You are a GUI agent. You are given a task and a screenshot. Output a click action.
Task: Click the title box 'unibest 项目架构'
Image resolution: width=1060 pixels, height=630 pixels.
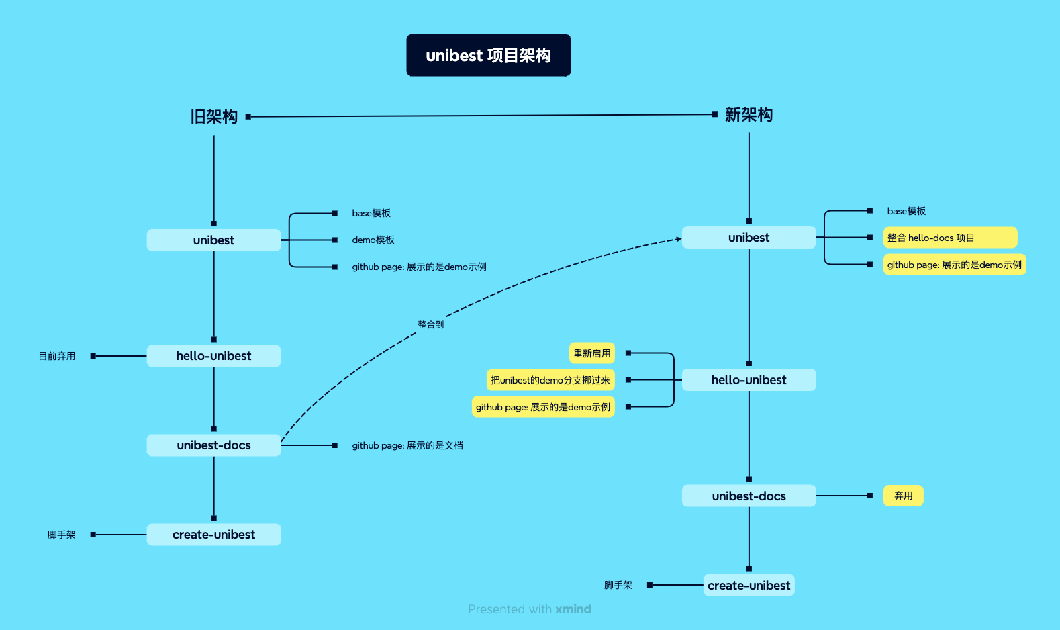click(488, 55)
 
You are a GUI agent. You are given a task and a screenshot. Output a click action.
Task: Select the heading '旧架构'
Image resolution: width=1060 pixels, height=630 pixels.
click(213, 117)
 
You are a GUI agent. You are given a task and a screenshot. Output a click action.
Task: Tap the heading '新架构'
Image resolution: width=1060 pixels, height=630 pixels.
click(749, 115)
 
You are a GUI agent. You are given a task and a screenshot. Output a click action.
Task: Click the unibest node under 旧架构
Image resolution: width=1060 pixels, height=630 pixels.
click(213, 240)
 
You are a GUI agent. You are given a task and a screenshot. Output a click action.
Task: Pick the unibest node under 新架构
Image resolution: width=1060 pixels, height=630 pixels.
click(749, 238)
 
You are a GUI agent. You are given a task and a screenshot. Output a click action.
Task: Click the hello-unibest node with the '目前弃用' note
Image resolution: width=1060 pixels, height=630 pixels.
click(213, 356)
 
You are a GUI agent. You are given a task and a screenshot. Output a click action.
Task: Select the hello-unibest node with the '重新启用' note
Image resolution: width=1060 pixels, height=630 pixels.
click(749, 380)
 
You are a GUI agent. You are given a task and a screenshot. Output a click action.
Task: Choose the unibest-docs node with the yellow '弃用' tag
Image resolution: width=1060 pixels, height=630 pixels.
click(749, 496)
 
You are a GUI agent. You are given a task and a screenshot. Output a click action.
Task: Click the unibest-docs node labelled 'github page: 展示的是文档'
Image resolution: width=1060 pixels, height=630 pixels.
click(213, 445)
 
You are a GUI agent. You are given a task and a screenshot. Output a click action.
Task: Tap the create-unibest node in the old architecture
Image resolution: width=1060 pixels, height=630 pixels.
click(213, 535)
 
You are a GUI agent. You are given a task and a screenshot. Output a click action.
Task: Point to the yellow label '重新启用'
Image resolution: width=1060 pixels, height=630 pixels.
click(591, 353)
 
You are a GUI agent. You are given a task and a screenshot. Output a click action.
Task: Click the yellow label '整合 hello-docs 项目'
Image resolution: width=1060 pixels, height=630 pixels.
click(949, 238)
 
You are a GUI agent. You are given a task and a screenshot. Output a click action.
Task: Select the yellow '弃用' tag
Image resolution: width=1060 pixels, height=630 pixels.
click(903, 496)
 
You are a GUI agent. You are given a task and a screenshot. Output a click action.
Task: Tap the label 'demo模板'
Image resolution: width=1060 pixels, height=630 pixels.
click(373, 240)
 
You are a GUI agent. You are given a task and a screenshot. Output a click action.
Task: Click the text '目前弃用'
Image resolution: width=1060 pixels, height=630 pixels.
click(57, 356)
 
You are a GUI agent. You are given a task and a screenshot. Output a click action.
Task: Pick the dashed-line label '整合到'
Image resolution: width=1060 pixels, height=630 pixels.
click(430, 324)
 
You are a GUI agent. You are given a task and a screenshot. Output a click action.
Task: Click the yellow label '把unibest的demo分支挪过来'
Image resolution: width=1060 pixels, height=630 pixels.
click(550, 380)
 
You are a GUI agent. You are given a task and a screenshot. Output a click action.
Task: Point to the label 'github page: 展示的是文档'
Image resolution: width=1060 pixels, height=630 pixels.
click(407, 445)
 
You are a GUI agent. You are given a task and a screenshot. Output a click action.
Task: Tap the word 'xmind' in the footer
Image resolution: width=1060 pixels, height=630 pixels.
click(573, 609)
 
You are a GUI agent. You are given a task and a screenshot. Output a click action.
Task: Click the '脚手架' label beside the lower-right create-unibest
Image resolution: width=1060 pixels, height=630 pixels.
click(618, 585)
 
